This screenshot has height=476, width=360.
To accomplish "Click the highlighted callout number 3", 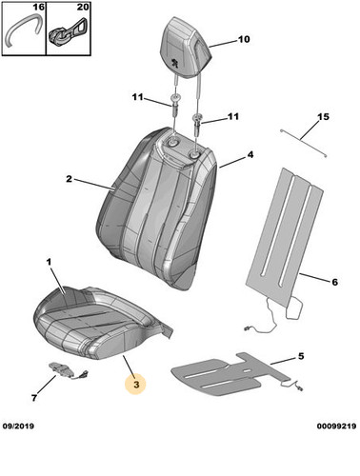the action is [x=136, y=385].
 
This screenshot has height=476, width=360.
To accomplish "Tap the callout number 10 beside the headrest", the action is [x=244, y=39].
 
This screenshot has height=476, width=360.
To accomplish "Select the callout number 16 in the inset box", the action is [x=38, y=7].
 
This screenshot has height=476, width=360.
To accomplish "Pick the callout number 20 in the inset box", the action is [x=83, y=7].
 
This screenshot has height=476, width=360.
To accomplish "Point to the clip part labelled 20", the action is [x=68, y=30].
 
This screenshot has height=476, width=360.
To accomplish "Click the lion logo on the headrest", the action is [x=174, y=63].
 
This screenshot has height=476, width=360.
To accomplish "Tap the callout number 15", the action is [x=323, y=117].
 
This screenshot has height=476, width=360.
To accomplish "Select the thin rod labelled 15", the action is [x=304, y=143].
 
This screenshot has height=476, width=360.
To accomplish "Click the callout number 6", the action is [x=334, y=282].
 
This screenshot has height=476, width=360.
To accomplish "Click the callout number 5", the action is [x=301, y=356].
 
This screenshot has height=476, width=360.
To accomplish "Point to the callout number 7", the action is [x=34, y=397].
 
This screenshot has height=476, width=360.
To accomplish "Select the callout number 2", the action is [x=69, y=179].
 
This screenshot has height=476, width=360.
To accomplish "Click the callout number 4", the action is [x=250, y=155].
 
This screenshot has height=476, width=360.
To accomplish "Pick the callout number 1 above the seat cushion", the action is [x=49, y=262].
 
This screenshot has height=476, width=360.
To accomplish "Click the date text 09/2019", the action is [x=18, y=426].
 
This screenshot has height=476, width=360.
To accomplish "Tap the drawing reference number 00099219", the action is [x=336, y=426].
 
